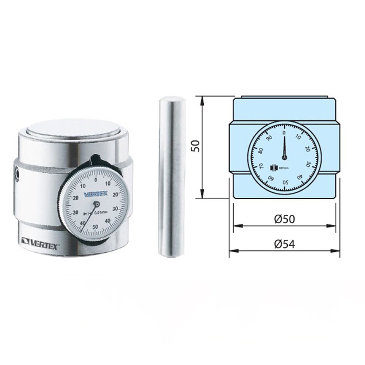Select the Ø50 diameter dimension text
pyautogui.click(x=284, y=219)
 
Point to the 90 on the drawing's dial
pyautogui.click(x=270, y=138)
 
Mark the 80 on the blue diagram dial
pyautogui.click(x=260, y=150)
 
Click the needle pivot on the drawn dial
pyautogui.click(x=284, y=157)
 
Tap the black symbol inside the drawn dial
pyautogui.click(x=272, y=168)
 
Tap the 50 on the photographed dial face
pyautogui.click(x=95, y=227)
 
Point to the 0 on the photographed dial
pyautogui.click(x=96, y=180)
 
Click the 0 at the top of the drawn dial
pyautogui.click(x=284, y=132)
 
